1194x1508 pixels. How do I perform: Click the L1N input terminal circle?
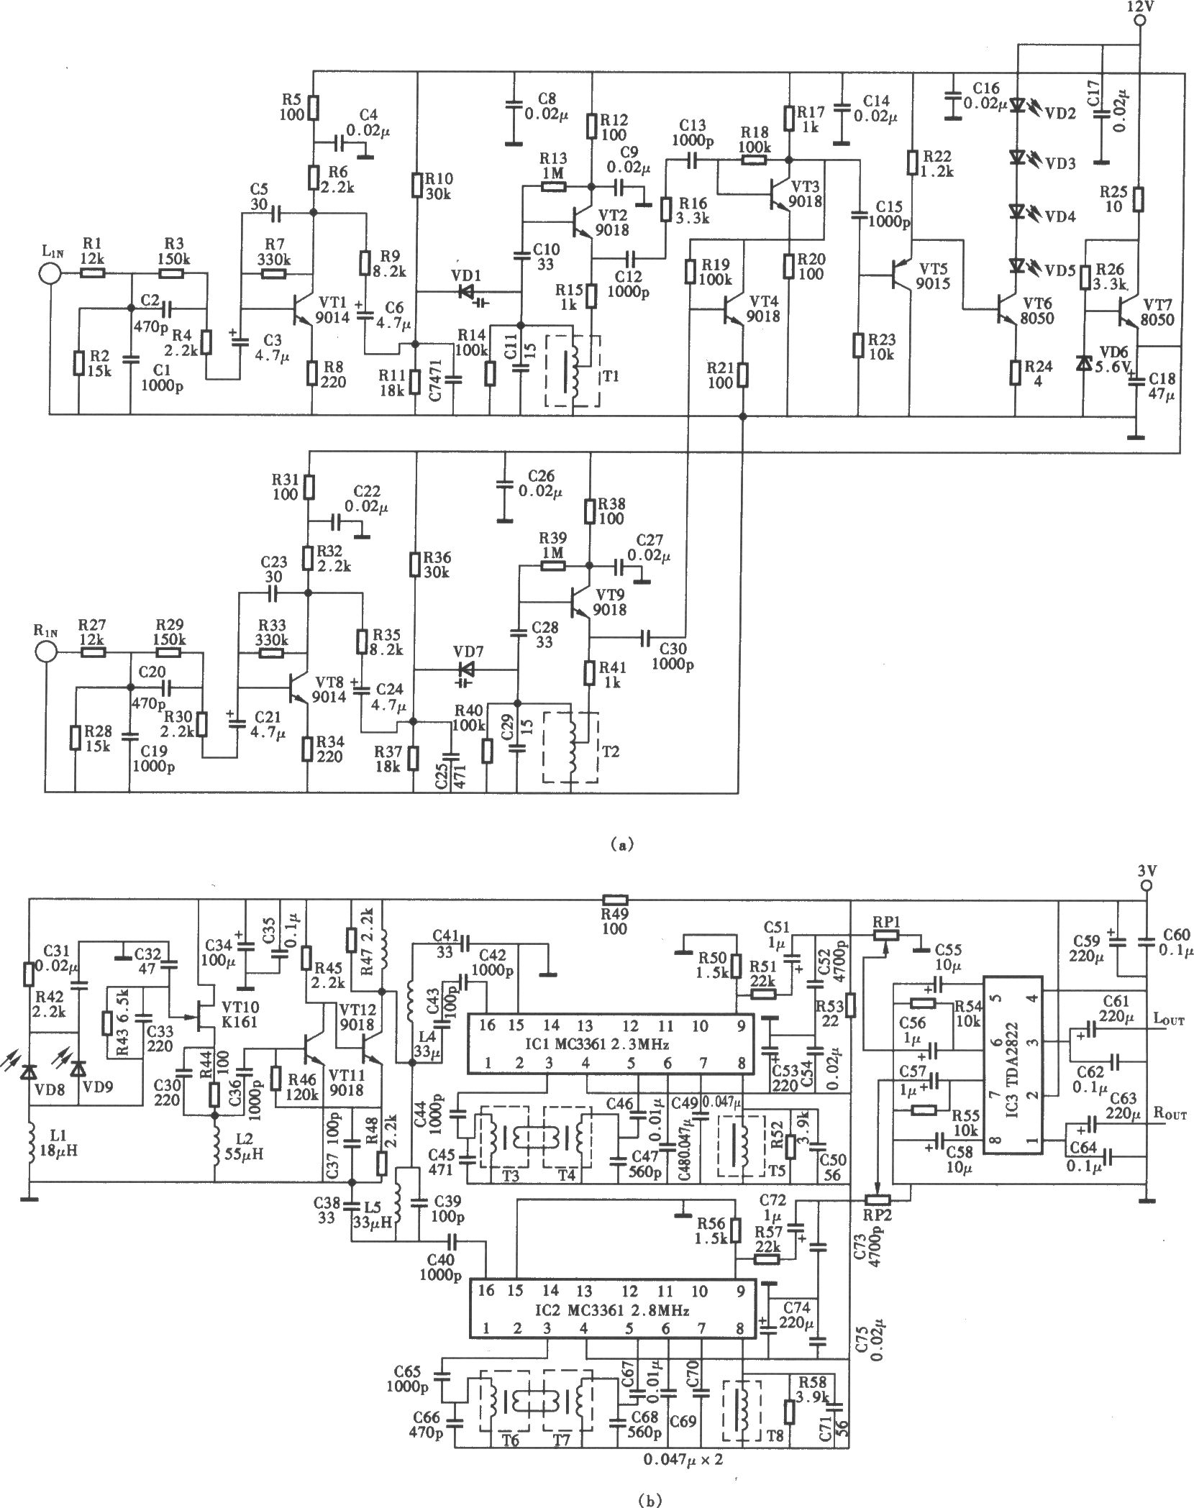tap(50, 273)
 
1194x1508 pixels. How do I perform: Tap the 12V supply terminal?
tap(1139, 21)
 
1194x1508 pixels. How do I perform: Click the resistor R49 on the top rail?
tap(615, 899)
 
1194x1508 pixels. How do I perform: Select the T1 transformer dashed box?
tap(573, 370)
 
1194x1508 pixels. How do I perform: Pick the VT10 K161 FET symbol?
tap(204, 1018)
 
